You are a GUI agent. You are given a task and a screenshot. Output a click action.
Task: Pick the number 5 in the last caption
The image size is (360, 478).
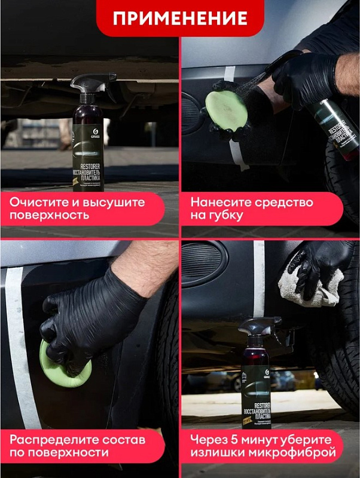click(236, 439)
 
